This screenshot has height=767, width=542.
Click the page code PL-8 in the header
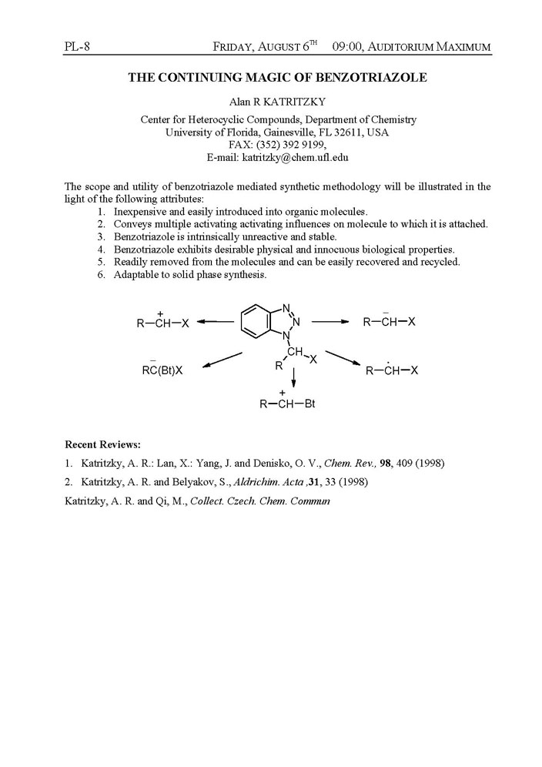[79, 47]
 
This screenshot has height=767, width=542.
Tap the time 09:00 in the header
[348, 47]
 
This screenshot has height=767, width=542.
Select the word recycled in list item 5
[439, 262]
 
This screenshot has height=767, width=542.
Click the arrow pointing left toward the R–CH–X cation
[216, 322]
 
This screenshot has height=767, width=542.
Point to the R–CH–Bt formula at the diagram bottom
[288, 404]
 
